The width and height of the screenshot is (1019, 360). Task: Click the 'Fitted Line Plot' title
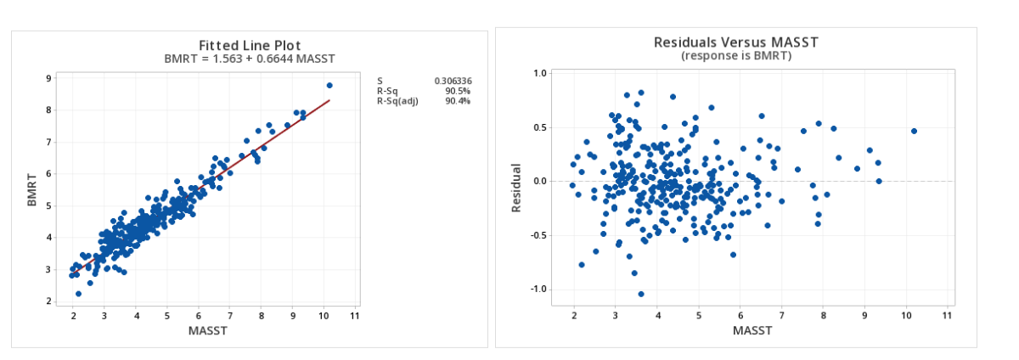point(249,45)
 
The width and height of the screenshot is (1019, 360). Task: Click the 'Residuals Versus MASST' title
point(735,42)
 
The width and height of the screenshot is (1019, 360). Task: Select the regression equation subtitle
point(249,59)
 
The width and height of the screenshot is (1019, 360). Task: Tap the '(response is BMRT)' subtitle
point(735,55)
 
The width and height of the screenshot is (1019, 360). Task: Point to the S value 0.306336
point(453,81)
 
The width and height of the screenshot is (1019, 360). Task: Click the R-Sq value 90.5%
point(458,91)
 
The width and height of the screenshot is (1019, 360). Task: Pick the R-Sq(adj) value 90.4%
point(458,101)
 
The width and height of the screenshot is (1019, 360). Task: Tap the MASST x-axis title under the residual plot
point(752,329)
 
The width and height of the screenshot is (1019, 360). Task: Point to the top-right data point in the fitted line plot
point(329,86)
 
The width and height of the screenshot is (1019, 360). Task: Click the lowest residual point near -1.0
point(641,294)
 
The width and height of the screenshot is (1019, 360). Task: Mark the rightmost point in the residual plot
point(914,131)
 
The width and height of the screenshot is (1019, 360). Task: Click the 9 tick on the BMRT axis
point(49,78)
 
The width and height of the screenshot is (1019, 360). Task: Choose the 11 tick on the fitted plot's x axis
point(355,316)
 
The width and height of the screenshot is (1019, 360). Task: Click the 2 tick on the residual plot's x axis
point(574,316)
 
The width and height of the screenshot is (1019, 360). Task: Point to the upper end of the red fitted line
point(329,100)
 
